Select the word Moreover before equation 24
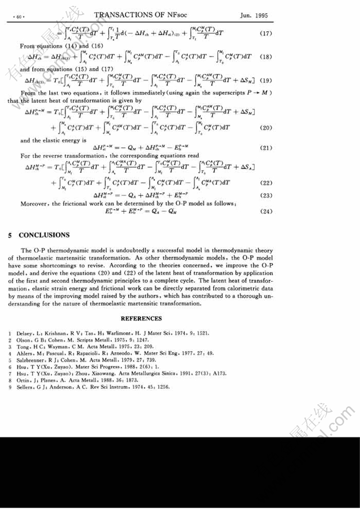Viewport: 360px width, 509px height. click(35, 203)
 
